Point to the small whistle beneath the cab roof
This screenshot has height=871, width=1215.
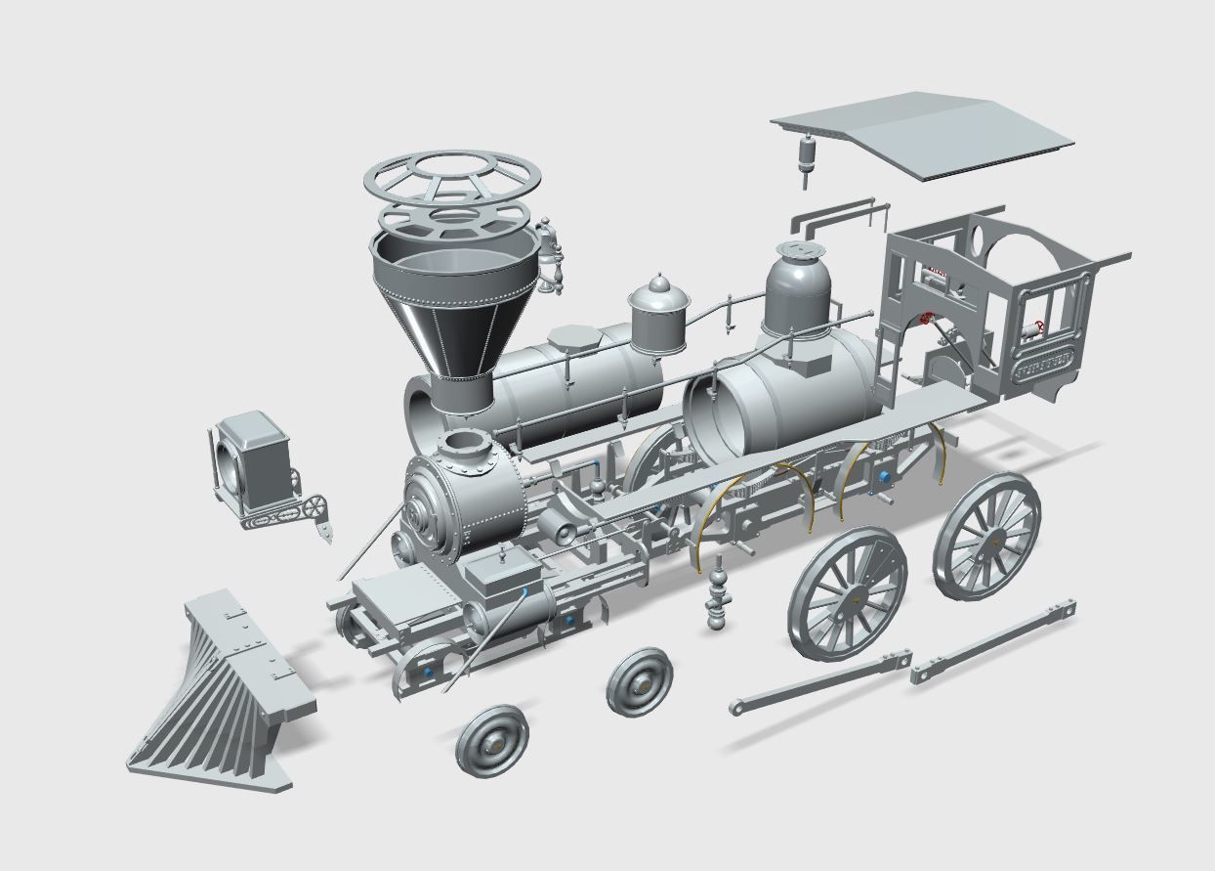pos(806,156)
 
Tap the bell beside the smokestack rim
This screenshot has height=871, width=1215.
pos(551,252)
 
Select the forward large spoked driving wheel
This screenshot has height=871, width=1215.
pos(847,592)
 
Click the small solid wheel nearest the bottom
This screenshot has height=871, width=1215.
pos(491,740)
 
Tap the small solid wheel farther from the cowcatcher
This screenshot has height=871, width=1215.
pos(640,681)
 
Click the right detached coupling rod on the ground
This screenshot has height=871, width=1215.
pos(993,639)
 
